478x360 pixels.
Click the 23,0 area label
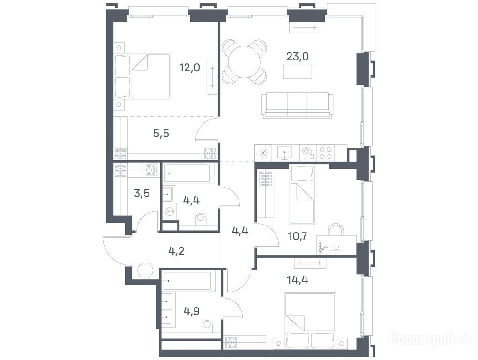[298, 56]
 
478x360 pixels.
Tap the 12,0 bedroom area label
[190, 67]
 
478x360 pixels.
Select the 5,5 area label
[161, 134]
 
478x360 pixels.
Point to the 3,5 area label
[142, 193]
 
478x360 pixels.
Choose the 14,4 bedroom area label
[298, 279]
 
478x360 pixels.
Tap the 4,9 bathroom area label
[192, 311]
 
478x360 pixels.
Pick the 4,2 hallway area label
[177, 251]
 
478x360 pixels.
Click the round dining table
[244, 62]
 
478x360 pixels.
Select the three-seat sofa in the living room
[298, 105]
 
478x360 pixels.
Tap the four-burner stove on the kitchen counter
[326, 153]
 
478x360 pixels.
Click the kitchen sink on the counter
[284, 152]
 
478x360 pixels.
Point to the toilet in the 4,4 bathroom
[201, 219]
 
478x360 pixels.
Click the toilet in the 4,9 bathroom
[209, 327]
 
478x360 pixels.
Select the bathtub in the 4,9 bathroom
[187, 280]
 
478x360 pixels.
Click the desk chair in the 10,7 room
[335, 230]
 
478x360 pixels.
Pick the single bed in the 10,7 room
[302, 195]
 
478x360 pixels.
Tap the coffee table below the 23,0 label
[298, 71]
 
